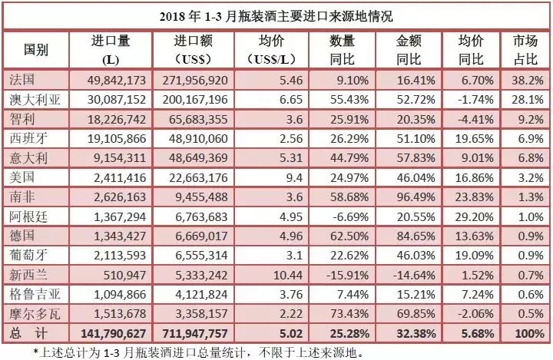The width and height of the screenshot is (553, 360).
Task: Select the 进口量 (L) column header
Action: pos(114,51)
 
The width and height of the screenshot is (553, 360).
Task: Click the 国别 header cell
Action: pos(35,51)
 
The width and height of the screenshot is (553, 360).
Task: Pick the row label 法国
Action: pos(23,78)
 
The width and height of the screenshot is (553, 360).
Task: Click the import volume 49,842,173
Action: pos(114,78)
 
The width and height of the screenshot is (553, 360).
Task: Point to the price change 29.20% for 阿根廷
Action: pos(472,215)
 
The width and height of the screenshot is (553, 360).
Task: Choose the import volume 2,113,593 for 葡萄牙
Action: pos(114,253)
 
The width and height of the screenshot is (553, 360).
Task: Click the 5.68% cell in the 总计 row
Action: pos(472,333)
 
